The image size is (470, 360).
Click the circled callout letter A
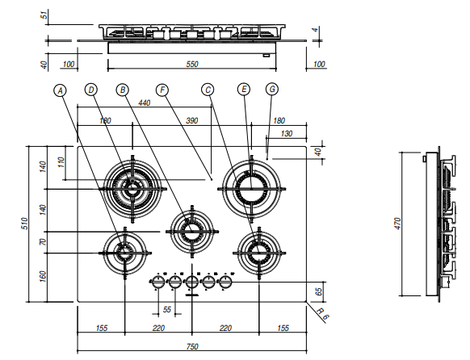coord(61,90)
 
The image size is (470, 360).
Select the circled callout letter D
coord(91,90)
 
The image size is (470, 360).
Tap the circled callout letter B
coord(122,90)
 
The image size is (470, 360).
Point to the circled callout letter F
coord(162,90)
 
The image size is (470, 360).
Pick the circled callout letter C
coord(208,90)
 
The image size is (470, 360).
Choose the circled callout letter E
coord(244,90)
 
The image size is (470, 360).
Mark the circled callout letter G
coord(272,90)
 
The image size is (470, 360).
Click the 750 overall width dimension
coord(192,346)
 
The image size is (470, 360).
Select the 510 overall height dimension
coord(25,224)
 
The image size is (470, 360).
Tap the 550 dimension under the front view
coord(192,64)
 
